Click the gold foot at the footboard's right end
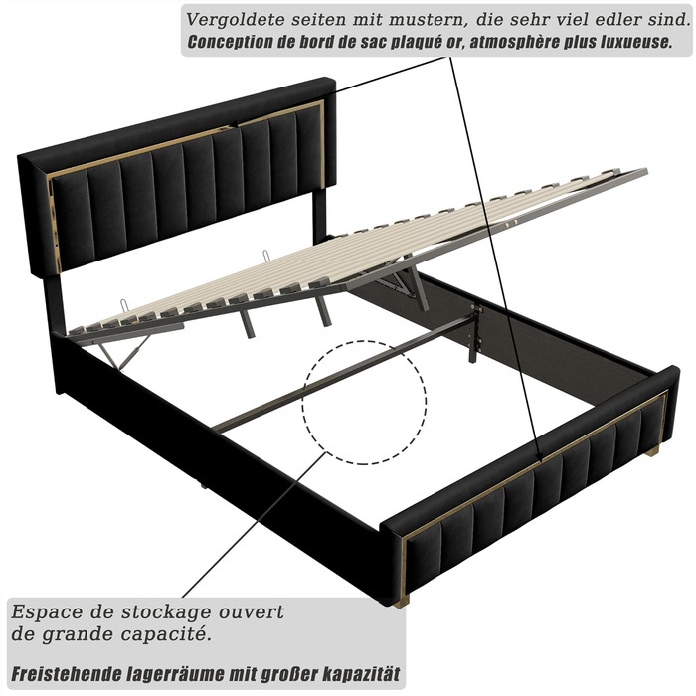coord(652,452)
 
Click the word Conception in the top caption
coord(228,44)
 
